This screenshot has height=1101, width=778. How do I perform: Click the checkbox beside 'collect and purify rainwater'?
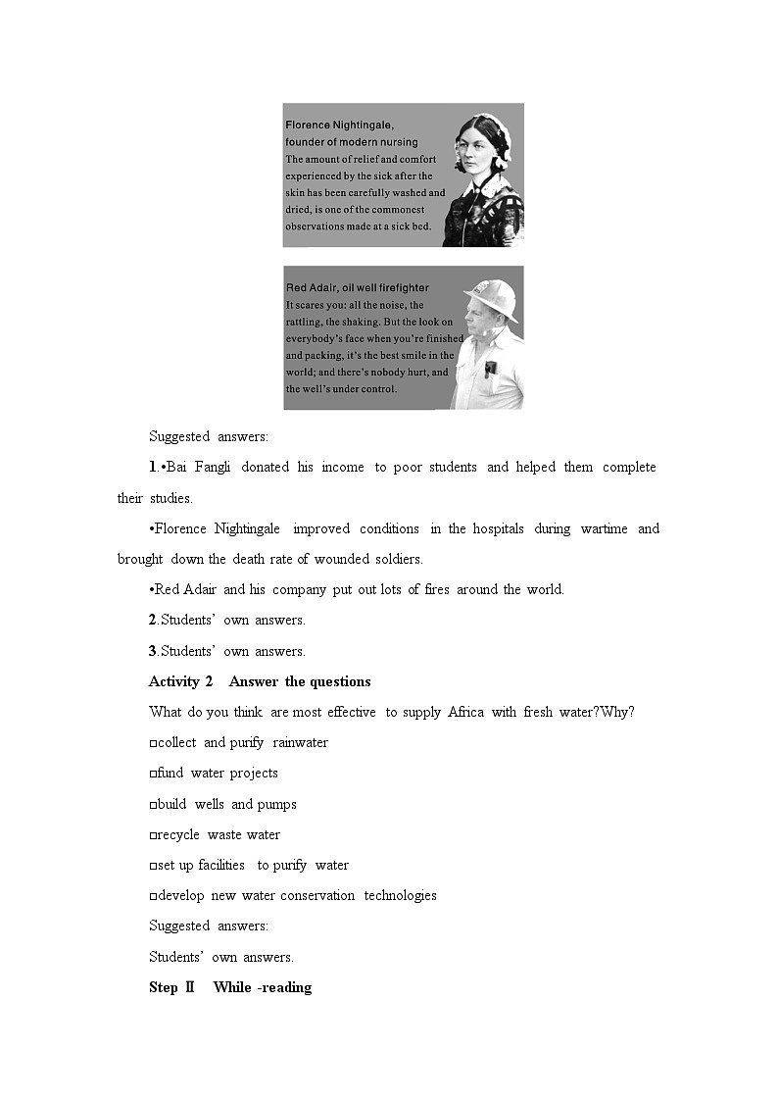click(x=153, y=743)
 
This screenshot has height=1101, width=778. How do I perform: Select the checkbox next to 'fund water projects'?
click(x=153, y=774)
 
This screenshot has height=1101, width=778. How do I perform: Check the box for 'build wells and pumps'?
click(x=153, y=805)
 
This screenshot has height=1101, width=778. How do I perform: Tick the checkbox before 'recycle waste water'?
click(x=153, y=835)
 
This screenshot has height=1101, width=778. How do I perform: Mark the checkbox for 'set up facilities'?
click(x=153, y=866)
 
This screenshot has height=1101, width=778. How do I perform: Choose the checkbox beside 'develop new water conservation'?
click(x=153, y=896)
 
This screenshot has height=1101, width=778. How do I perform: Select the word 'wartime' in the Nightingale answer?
click(x=604, y=528)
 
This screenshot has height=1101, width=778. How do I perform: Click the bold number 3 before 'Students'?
click(x=153, y=651)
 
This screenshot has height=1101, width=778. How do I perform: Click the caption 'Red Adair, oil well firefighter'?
click(x=357, y=288)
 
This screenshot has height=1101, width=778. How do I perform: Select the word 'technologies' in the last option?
click(x=400, y=895)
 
